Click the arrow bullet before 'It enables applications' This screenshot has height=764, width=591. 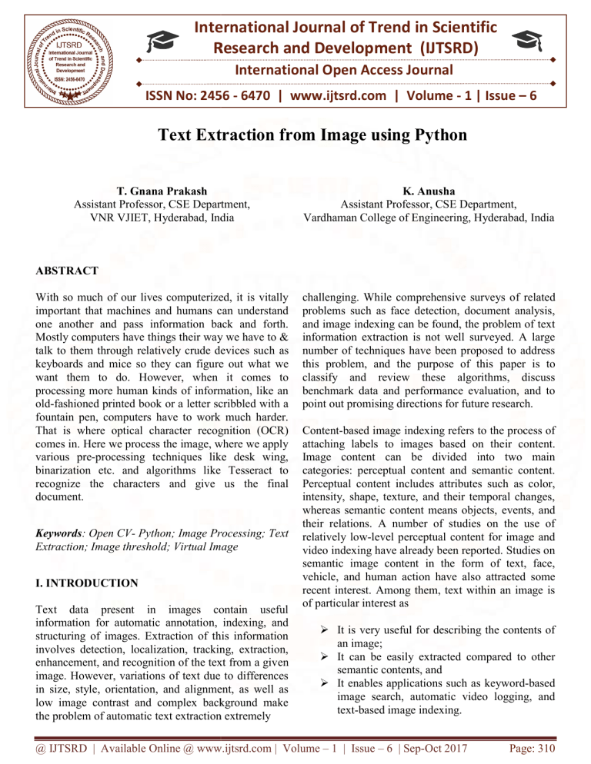coord(325,671)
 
